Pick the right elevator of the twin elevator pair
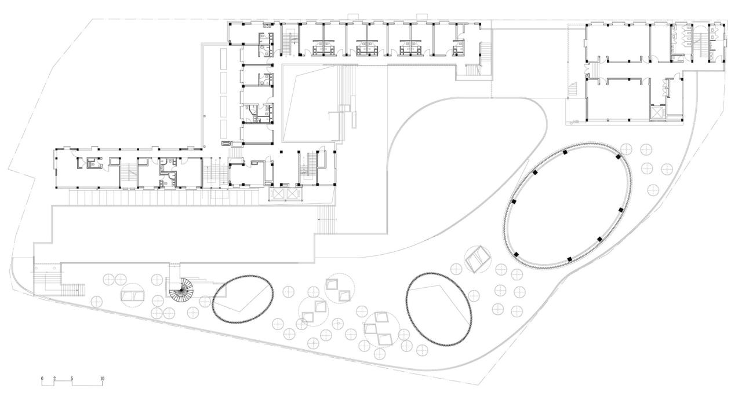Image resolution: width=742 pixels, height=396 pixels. pyautogui.click(x=294, y=193)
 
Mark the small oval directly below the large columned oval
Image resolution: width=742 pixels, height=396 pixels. pyautogui.click(x=439, y=307)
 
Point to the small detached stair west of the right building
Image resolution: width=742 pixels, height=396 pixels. pyautogui.click(x=574, y=90)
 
